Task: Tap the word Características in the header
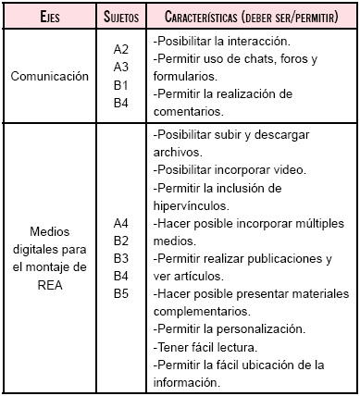point(205,16)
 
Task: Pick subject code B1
point(120,86)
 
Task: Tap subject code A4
point(120,223)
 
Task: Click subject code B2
point(120,241)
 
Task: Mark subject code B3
point(120,258)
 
